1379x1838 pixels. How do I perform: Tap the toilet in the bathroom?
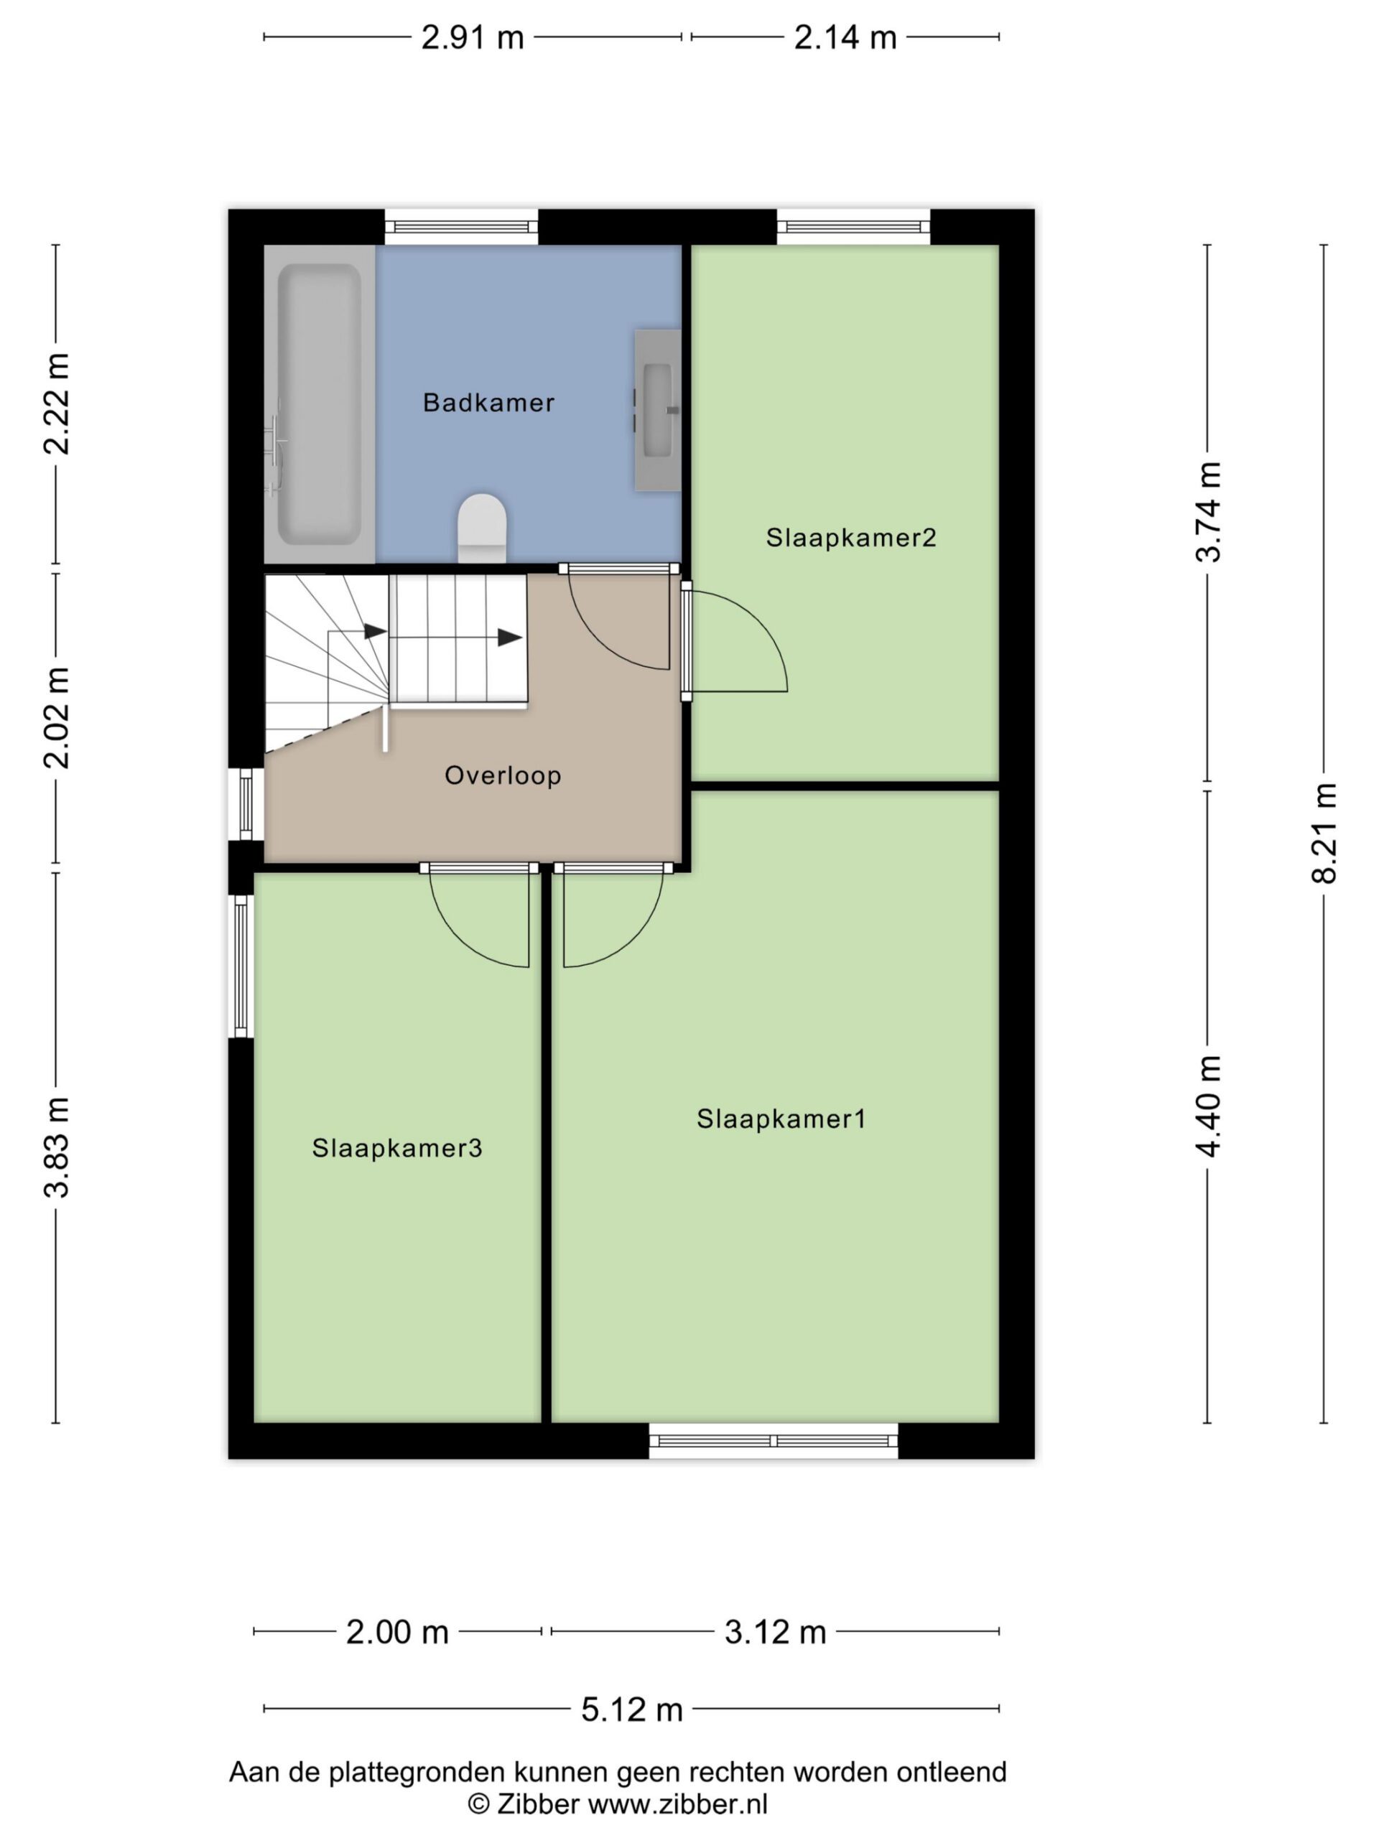point(481,528)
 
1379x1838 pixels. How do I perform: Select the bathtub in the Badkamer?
point(319,403)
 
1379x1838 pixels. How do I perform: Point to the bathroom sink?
point(657,410)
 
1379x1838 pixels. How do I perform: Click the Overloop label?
point(503,775)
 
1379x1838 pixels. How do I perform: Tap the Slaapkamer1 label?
point(781,1119)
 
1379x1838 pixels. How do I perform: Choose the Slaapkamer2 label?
point(851,538)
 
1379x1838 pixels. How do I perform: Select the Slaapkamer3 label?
point(396,1147)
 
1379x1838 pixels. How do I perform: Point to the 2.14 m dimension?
point(845,37)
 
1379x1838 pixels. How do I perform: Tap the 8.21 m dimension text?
point(1324,834)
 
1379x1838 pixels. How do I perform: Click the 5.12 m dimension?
point(632,1709)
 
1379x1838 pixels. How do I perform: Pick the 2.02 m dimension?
point(57,718)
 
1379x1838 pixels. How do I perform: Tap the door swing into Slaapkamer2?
point(739,641)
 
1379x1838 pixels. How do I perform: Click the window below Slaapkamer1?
point(773,1441)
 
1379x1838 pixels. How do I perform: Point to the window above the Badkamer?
point(461,227)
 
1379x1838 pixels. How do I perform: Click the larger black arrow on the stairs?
point(509,638)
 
